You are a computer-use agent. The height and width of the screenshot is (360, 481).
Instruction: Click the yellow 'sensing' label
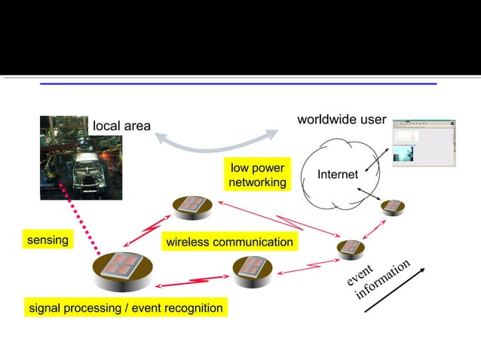[47, 240]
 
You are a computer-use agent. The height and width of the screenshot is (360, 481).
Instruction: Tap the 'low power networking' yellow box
[258, 175]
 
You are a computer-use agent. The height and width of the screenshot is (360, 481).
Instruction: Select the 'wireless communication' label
[229, 242]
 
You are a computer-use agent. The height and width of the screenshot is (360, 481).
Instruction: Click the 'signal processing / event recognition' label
[125, 307]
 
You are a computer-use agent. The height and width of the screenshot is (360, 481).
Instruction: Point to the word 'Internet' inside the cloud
[338, 175]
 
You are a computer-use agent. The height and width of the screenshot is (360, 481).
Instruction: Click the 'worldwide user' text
[342, 120]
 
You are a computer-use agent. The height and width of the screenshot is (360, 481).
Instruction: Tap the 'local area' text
[121, 126]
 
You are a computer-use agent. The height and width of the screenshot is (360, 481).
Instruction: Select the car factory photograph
[81, 157]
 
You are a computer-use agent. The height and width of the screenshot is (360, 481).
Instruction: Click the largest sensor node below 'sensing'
[122, 269]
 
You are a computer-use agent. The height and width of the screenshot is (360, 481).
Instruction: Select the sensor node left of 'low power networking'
[192, 206]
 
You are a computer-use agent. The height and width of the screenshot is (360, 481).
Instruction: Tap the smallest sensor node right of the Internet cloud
[393, 206]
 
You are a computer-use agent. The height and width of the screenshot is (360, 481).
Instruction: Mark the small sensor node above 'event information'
[351, 248]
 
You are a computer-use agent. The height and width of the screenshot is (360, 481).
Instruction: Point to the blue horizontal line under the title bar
[238, 84]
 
